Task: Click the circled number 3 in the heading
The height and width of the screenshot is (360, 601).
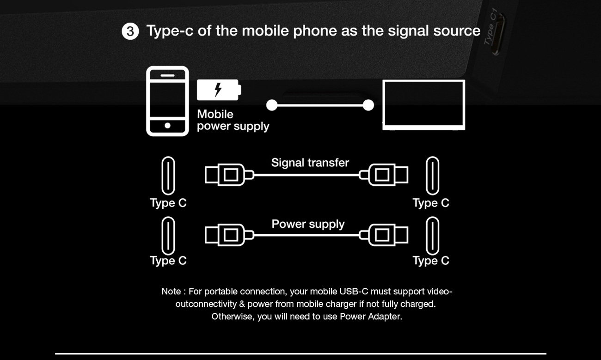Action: [x=130, y=31]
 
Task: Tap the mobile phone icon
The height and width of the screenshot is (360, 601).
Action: [x=167, y=101]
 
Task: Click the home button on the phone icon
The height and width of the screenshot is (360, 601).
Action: [x=167, y=125]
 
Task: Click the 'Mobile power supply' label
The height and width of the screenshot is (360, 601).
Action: [x=233, y=120]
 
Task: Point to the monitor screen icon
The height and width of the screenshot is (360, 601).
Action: [x=423, y=105]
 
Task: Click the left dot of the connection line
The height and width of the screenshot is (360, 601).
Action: [x=272, y=105]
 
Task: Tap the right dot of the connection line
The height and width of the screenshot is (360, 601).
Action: [x=368, y=105]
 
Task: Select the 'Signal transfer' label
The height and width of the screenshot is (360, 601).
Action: [x=310, y=163]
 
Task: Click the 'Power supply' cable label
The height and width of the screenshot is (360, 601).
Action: [x=308, y=224]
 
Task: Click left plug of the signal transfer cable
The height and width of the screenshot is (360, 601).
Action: [x=229, y=175]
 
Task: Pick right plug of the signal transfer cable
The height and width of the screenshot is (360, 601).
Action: [x=384, y=175]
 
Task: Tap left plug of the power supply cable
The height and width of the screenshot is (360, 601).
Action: [x=229, y=235]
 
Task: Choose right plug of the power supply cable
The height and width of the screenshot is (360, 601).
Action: [x=384, y=235]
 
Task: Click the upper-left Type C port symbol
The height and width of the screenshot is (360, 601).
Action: [x=168, y=176]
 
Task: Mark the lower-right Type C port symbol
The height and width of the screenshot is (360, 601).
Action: [x=432, y=236]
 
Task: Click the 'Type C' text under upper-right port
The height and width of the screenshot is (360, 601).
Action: [x=430, y=203]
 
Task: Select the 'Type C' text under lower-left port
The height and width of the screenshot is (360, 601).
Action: [x=168, y=261]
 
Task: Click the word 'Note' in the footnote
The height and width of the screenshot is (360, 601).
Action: [x=171, y=292]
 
